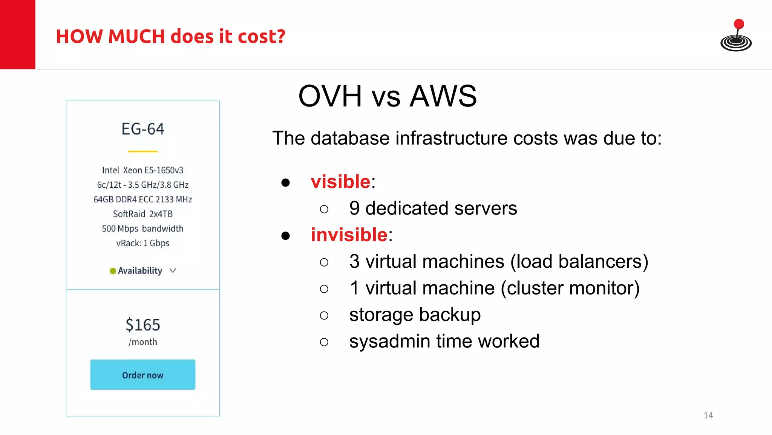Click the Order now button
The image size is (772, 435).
click(x=143, y=375)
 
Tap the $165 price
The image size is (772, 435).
click(x=143, y=325)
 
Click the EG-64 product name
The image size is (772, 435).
click(x=143, y=129)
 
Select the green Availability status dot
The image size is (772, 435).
click(x=113, y=271)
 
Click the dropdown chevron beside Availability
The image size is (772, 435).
click(x=173, y=270)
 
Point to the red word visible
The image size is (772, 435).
click(x=340, y=182)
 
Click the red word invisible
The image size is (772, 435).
click(x=349, y=235)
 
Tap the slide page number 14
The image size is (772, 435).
click(x=708, y=415)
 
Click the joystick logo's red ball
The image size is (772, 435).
click(x=739, y=24)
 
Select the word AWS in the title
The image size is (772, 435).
click(x=443, y=96)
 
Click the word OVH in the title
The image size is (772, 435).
click(x=330, y=96)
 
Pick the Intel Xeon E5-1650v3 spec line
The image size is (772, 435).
click(x=143, y=170)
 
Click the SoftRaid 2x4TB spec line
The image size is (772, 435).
click(x=143, y=214)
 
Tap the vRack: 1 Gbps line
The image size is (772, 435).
click(x=143, y=243)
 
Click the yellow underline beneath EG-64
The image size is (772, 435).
click(x=143, y=151)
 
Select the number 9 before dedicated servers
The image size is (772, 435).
click(x=354, y=208)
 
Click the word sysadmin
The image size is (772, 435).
click(x=390, y=341)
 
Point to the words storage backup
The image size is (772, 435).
click(x=415, y=315)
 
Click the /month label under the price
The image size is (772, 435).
click(x=143, y=342)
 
